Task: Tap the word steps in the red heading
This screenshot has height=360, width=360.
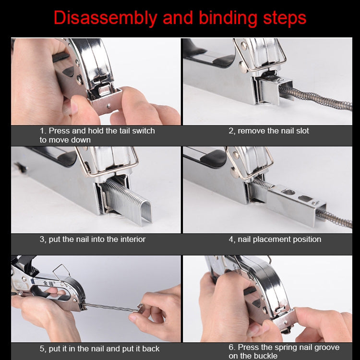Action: click(283, 18)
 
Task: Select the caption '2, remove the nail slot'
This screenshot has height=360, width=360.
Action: click(268, 131)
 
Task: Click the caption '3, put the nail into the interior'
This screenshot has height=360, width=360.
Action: click(92, 239)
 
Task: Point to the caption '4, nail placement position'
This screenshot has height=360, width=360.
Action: click(275, 239)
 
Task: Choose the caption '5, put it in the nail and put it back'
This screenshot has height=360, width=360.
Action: click(99, 348)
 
